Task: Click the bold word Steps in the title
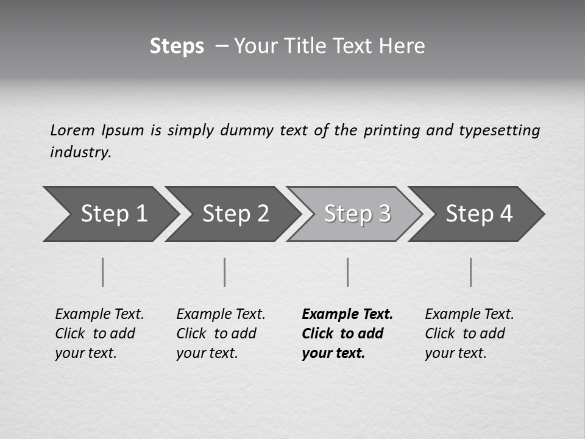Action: click(x=177, y=46)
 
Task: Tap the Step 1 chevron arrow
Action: click(x=110, y=214)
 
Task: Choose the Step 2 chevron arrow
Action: click(x=232, y=214)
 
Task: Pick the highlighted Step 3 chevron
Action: click(x=353, y=214)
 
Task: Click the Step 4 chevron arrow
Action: click(x=475, y=214)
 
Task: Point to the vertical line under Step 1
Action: click(x=103, y=272)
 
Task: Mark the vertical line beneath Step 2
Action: click(x=225, y=272)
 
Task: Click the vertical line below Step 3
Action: click(x=348, y=272)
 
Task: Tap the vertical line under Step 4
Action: click(x=471, y=272)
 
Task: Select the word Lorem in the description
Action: click(x=73, y=130)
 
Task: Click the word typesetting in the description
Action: click(x=499, y=130)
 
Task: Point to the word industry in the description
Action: click(x=80, y=152)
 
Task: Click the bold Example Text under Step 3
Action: click(x=347, y=315)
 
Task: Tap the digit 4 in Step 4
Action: click(x=506, y=214)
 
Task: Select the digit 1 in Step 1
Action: click(x=141, y=214)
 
